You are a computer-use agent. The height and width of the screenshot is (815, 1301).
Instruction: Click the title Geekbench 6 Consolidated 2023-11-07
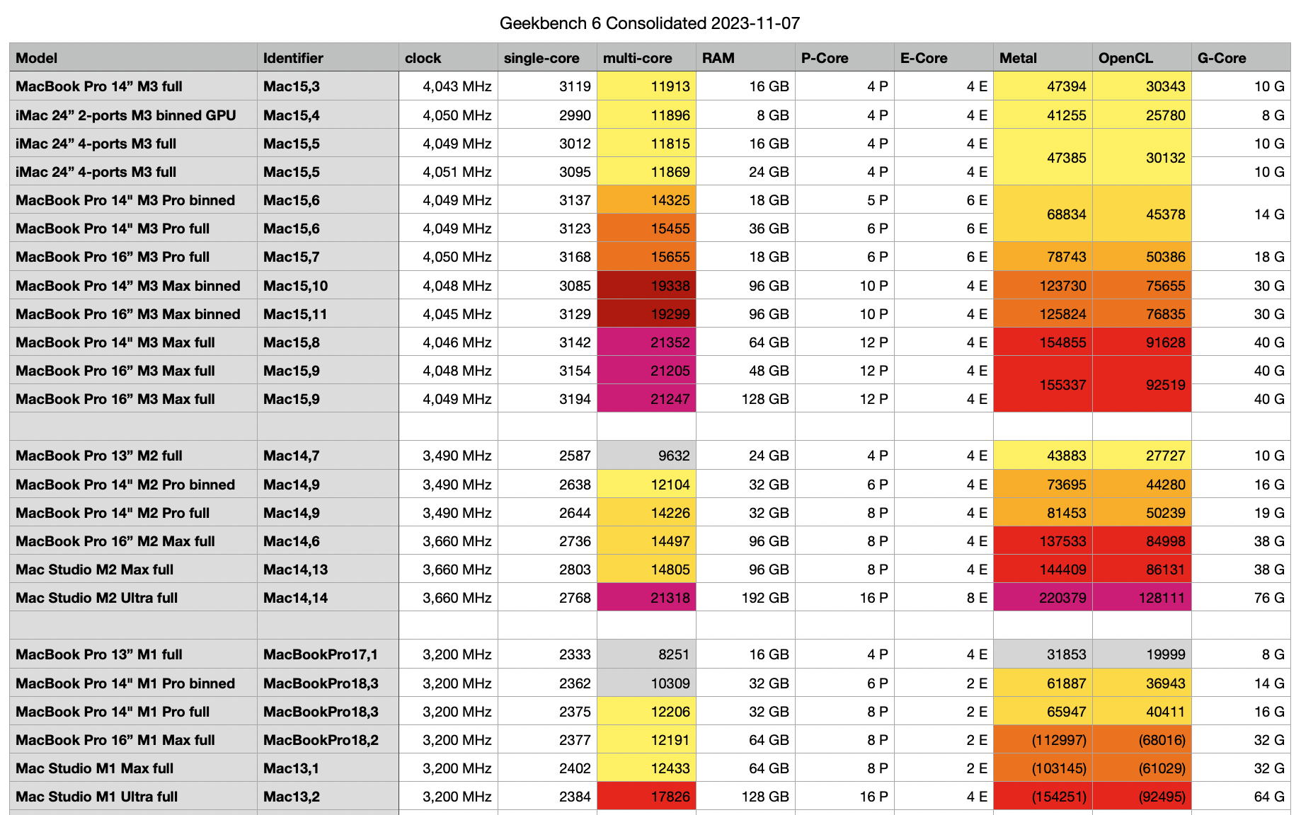(649, 23)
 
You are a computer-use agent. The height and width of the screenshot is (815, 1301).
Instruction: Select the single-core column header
(541, 58)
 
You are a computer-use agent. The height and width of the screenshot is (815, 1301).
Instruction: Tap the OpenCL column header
(1125, 58)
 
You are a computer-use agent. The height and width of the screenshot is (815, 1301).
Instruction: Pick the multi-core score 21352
(670, 342)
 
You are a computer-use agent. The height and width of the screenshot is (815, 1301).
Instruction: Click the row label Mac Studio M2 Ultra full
(96, 598)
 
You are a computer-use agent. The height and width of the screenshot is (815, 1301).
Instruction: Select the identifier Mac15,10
(295, 286)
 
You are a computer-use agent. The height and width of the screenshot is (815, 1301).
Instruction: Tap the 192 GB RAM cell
(764, 598)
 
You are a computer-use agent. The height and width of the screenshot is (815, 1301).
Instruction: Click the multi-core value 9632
(673, 456)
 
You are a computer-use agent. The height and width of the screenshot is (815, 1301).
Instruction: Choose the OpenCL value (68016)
(1161, 740)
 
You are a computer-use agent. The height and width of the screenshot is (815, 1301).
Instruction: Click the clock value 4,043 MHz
(457, 86)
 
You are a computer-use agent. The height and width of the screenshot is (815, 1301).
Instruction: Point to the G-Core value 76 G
(1268, 598)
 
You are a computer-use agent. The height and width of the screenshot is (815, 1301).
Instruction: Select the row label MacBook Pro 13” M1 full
(98, 654)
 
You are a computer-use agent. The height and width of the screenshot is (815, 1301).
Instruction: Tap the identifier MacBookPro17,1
(320, 654)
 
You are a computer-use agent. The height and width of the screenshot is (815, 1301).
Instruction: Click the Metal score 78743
(1066, 257)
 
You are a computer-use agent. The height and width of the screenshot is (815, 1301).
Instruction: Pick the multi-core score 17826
(670, 797)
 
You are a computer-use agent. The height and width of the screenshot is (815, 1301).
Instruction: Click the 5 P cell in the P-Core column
(877, 200)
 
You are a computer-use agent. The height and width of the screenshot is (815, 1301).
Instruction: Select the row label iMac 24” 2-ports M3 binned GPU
(125, 115)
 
